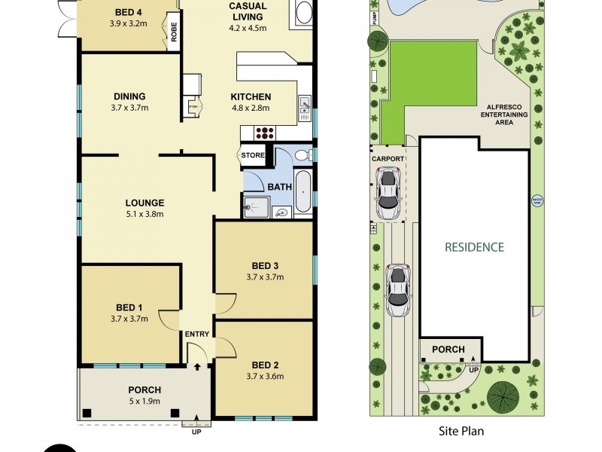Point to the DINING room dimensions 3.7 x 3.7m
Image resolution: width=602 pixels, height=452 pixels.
(130, 108)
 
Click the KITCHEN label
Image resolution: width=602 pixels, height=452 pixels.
(250, 97)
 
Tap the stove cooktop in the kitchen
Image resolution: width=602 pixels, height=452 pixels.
(266, 133)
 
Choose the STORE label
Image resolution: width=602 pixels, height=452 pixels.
(253, 156)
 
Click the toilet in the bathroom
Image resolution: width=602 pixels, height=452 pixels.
(302, 155)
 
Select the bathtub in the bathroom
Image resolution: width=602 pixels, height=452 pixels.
(303, 192)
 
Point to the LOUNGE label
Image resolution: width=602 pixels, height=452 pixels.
(145, 203)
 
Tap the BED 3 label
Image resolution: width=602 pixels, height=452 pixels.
(265, 265)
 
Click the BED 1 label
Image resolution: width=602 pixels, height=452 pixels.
(129, 307)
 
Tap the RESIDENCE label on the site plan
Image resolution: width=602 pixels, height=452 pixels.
(474, 246)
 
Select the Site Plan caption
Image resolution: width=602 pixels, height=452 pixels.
(461, 432)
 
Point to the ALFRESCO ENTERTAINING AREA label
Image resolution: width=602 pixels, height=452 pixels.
(505, 115)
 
